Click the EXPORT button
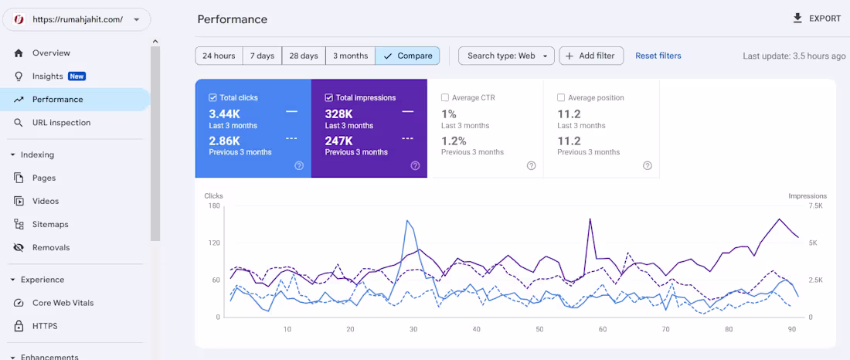click(817, 19)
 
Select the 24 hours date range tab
click(219, 56)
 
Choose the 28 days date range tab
click(304, 56)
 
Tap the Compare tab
click(407, 56)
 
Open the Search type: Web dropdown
click(506, 56)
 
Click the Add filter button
click(591, 56)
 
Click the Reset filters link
click(658, 56)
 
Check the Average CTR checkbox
click(445, 98)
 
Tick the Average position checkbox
click(561, 98)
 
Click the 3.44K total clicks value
click(224, 113)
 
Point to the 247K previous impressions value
click(339, 141)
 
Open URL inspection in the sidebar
click(61, 123)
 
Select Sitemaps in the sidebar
click(50, 225)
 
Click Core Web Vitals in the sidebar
click(63, 303)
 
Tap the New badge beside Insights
click(76, 76)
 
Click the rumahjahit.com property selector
click(76, 20)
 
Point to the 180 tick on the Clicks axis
click(213, 205)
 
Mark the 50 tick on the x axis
click(539, 329)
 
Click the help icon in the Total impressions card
click(415, 165)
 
